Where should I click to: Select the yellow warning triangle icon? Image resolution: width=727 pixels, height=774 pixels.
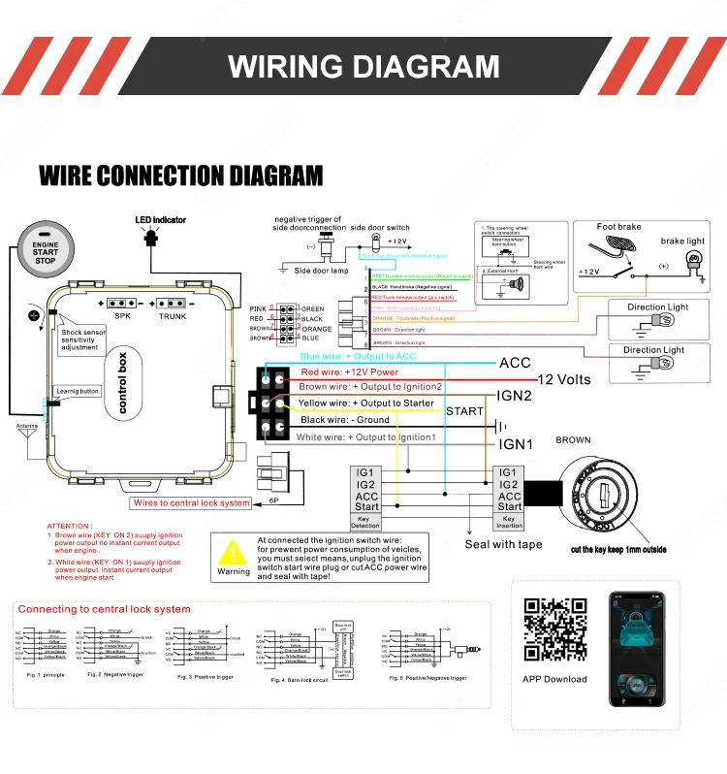pos(233,552)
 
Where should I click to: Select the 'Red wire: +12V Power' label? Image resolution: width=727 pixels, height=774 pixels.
pos(349,371)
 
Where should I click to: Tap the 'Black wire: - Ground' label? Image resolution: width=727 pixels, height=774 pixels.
pos(344,420)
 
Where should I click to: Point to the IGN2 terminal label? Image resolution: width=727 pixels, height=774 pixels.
pos(515,396)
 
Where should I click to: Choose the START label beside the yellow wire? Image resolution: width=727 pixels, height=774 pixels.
pos(464,411)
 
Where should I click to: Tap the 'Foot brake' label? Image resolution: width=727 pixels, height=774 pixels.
pos(618,227)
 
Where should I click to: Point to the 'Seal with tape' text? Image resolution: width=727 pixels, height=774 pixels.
pos(503,544)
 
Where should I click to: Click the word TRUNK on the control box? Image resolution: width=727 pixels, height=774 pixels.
pos(173,316)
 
